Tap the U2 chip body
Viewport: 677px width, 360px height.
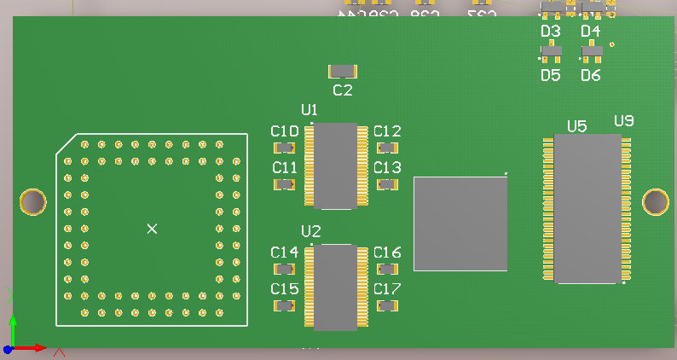[335, 287]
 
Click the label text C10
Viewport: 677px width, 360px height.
[285, 131]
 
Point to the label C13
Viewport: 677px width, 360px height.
[387, 167]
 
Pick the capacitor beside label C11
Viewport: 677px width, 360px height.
[285, 183]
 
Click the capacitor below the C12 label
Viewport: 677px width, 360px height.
[387, 148]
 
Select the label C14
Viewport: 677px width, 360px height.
[285, 253]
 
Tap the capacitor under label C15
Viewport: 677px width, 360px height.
[285, 305]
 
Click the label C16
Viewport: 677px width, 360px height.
[387, 253]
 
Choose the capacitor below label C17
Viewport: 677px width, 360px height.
[387, 305]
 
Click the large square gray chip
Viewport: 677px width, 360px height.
[460, 224]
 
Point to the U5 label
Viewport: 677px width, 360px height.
[577, 126]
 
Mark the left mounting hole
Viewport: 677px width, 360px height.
[32, 202]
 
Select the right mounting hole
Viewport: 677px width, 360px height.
[656, 202]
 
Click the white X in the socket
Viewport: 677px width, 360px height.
[152, 229]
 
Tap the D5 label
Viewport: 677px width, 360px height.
[551, 75]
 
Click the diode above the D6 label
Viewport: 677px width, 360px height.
[591, 53]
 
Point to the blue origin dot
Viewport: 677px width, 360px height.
[7, 349]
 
